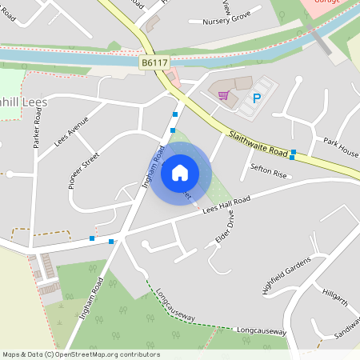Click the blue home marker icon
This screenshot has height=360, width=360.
180,172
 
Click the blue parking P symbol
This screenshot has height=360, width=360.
257,98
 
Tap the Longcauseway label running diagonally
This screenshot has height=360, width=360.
176,305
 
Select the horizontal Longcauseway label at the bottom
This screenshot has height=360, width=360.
261,330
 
